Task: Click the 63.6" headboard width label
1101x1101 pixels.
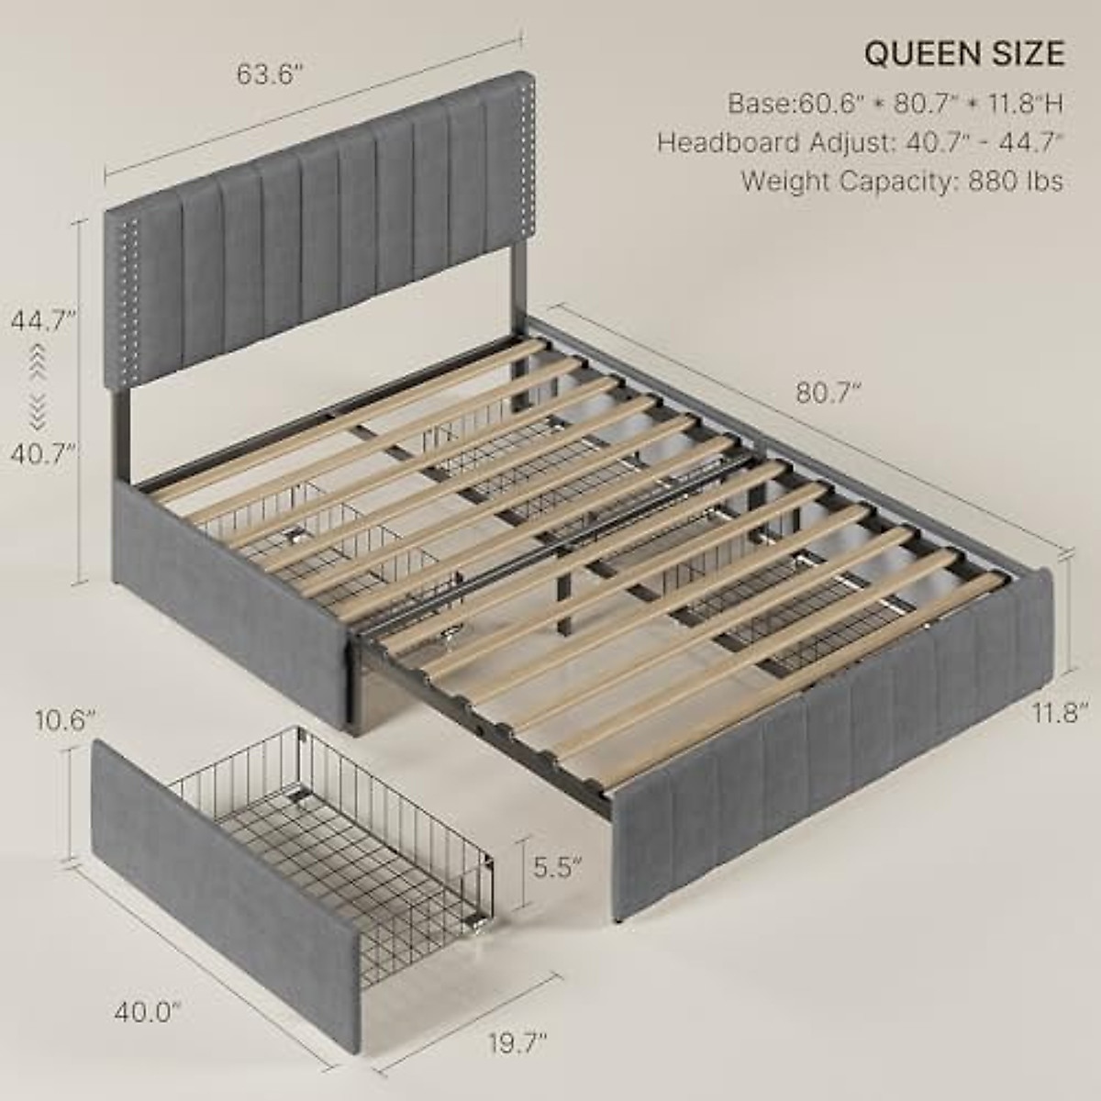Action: click(x=270, y=75)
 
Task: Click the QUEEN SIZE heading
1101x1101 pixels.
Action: click(x=964, y=54)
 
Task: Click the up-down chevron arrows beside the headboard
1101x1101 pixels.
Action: click(x=38, y=386)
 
